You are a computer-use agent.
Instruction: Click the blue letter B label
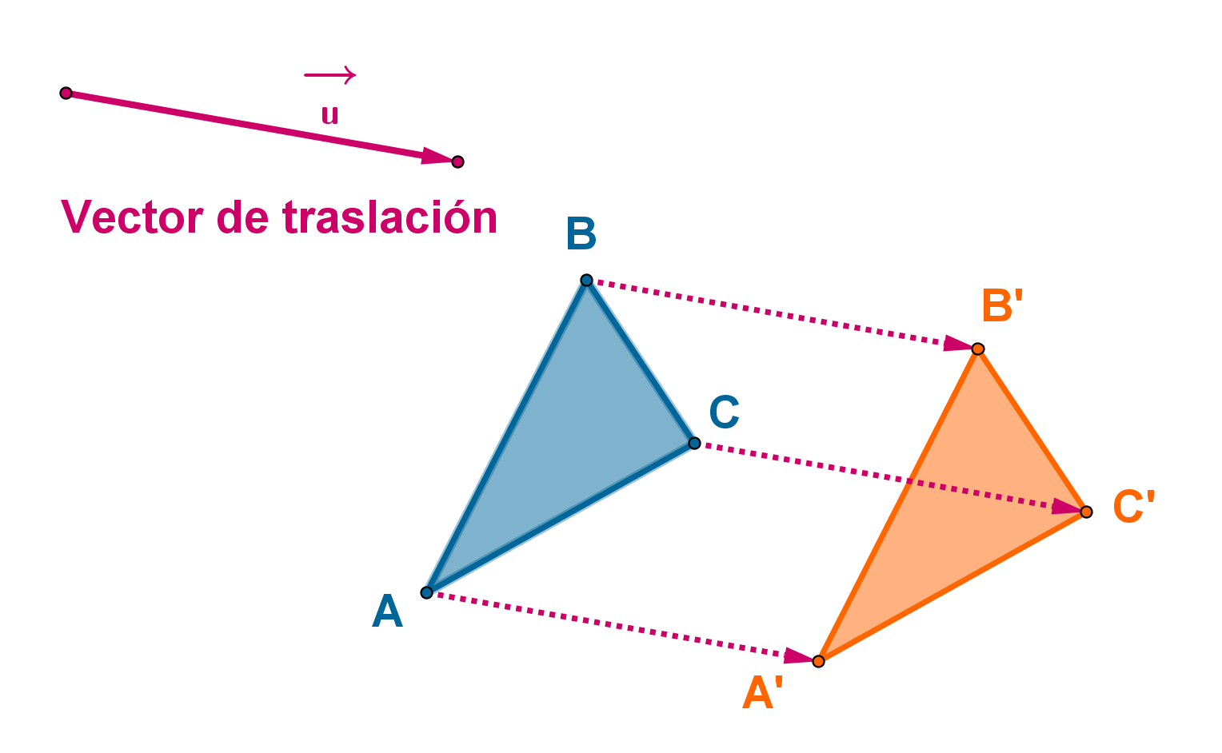point(581,235)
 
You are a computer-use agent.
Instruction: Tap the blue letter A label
point(387,613)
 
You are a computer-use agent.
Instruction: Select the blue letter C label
point(724,413)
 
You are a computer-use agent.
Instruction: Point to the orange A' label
point(761,693)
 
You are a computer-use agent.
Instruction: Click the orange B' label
point(1002,306)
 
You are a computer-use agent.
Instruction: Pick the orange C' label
point(1133,507)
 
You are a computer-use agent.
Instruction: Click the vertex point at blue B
point(586,280)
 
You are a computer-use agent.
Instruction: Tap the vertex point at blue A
point(427,592)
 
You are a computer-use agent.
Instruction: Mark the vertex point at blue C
point(694,443)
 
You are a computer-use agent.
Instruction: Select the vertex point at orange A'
point(818,661)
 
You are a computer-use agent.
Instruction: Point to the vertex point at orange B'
point(977,349)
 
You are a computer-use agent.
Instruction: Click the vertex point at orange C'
point(1085,512)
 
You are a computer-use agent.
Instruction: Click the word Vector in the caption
point(133,217)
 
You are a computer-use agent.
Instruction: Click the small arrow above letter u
point(329,75)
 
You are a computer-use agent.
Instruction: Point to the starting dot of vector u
point(66,94)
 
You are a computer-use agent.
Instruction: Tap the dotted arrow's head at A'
point(799,657)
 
